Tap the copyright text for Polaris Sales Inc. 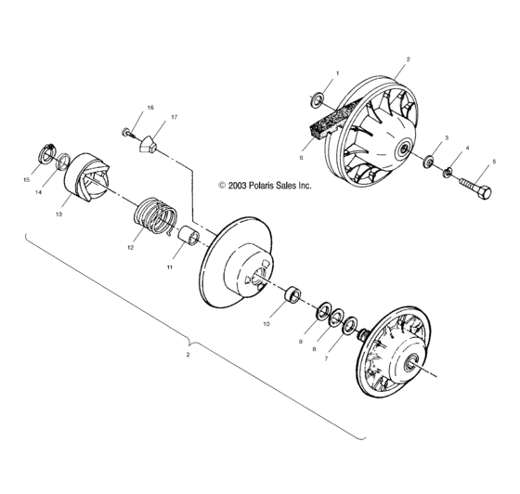(x=265, y=185)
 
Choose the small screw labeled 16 (x=127, y=131)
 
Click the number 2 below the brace (x=188, y=355)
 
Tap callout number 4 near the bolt (x=467, y=148)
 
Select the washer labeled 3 (x=429, y=163)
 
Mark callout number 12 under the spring (x=130, y=248)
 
